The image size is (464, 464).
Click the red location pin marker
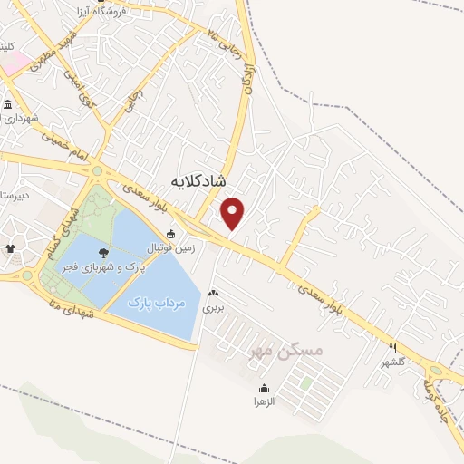click(234, 213)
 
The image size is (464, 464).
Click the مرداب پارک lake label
click(154, 302)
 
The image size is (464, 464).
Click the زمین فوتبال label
click(169, 247)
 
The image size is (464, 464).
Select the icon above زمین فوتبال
click(170, 235)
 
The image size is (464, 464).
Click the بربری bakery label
click(213, 307)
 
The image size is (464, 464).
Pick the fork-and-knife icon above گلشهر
click(393, 347)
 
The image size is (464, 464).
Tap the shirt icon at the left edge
click(11, 247)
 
